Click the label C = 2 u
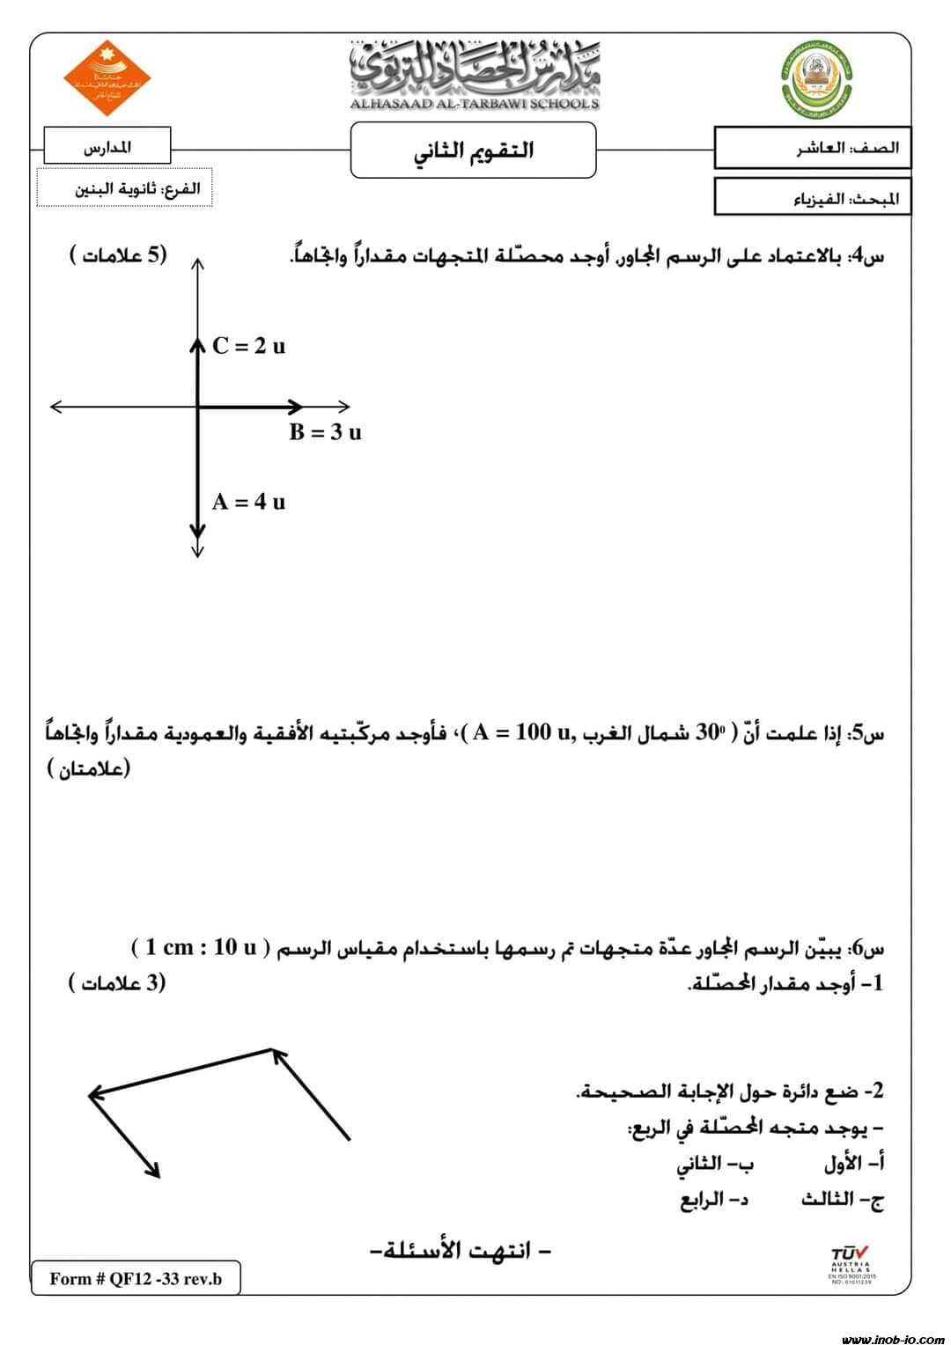coord(249,346)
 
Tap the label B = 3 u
coord(325,432)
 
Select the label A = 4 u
coord(248,502)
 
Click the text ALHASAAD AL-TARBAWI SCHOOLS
coord(475,103)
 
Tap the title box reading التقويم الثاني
coord(474,150)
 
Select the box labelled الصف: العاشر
coord(812,148)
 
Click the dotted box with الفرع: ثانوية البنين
coord(124,188)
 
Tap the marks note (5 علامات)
coord(118,255)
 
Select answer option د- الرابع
coord(714,1199)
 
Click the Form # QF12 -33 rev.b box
coord(136,1279)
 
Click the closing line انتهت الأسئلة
coord(457,1250)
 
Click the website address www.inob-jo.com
coord(892,1339)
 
